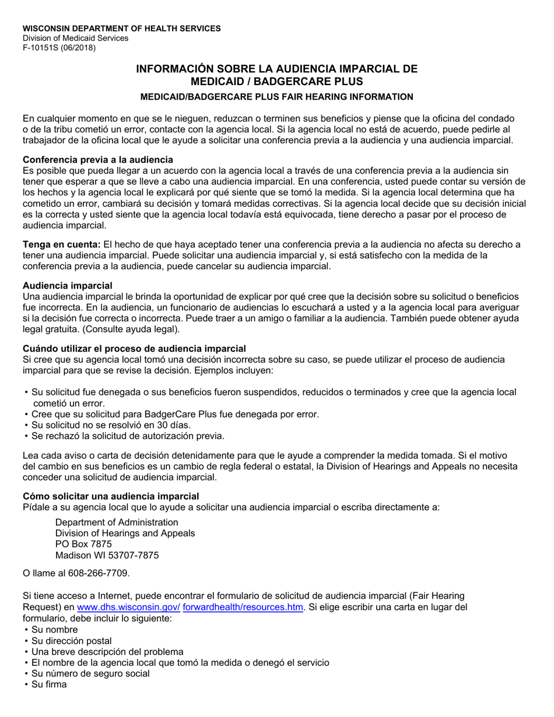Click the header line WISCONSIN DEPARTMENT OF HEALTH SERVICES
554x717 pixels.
coord(121,28)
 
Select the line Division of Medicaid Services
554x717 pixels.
coord(75,38)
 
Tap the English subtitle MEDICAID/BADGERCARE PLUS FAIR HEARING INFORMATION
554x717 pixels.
coord(276,97)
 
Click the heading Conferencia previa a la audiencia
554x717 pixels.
coord(97,160)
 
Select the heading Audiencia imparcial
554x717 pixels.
coord(67,286)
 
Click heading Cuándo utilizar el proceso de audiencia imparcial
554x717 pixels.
coord(134,349)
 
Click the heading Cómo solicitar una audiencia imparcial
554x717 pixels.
coord(111,496)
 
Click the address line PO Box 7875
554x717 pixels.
coord(83,544)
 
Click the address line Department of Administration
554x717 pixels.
coord(117,522)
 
